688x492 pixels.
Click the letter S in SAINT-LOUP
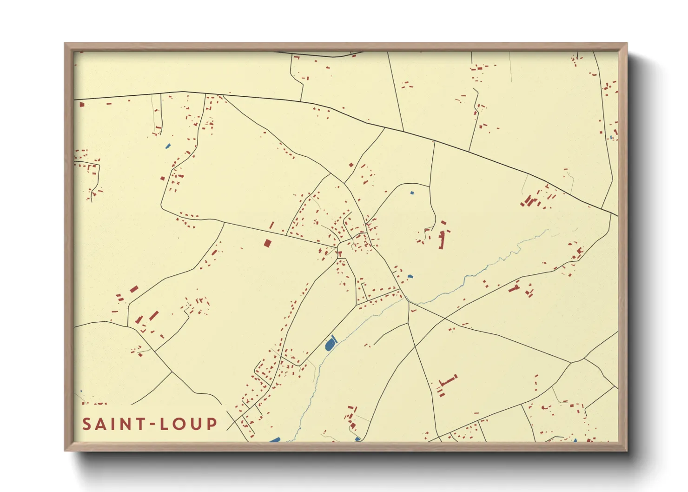87,424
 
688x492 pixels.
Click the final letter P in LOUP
212,424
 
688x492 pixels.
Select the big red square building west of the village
267,243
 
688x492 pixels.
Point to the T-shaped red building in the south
447,382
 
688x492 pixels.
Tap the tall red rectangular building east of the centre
442,240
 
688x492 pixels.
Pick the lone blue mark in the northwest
168,146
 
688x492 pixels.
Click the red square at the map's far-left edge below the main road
82,105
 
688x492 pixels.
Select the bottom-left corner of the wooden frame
65,450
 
